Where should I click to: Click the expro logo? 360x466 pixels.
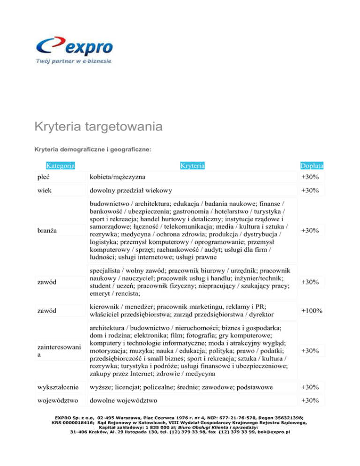(x=74, y=46)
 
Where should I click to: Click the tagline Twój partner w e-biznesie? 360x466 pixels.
(x=74, y=61)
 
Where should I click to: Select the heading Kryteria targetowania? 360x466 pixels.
(x=98, y=127)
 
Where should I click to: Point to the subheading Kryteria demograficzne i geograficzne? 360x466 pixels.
(x=92, y=149)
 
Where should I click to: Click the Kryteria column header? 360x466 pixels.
(x=192, y=165)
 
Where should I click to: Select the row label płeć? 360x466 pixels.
(x=45, y=177)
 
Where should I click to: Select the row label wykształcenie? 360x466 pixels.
(x=59, y=387)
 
